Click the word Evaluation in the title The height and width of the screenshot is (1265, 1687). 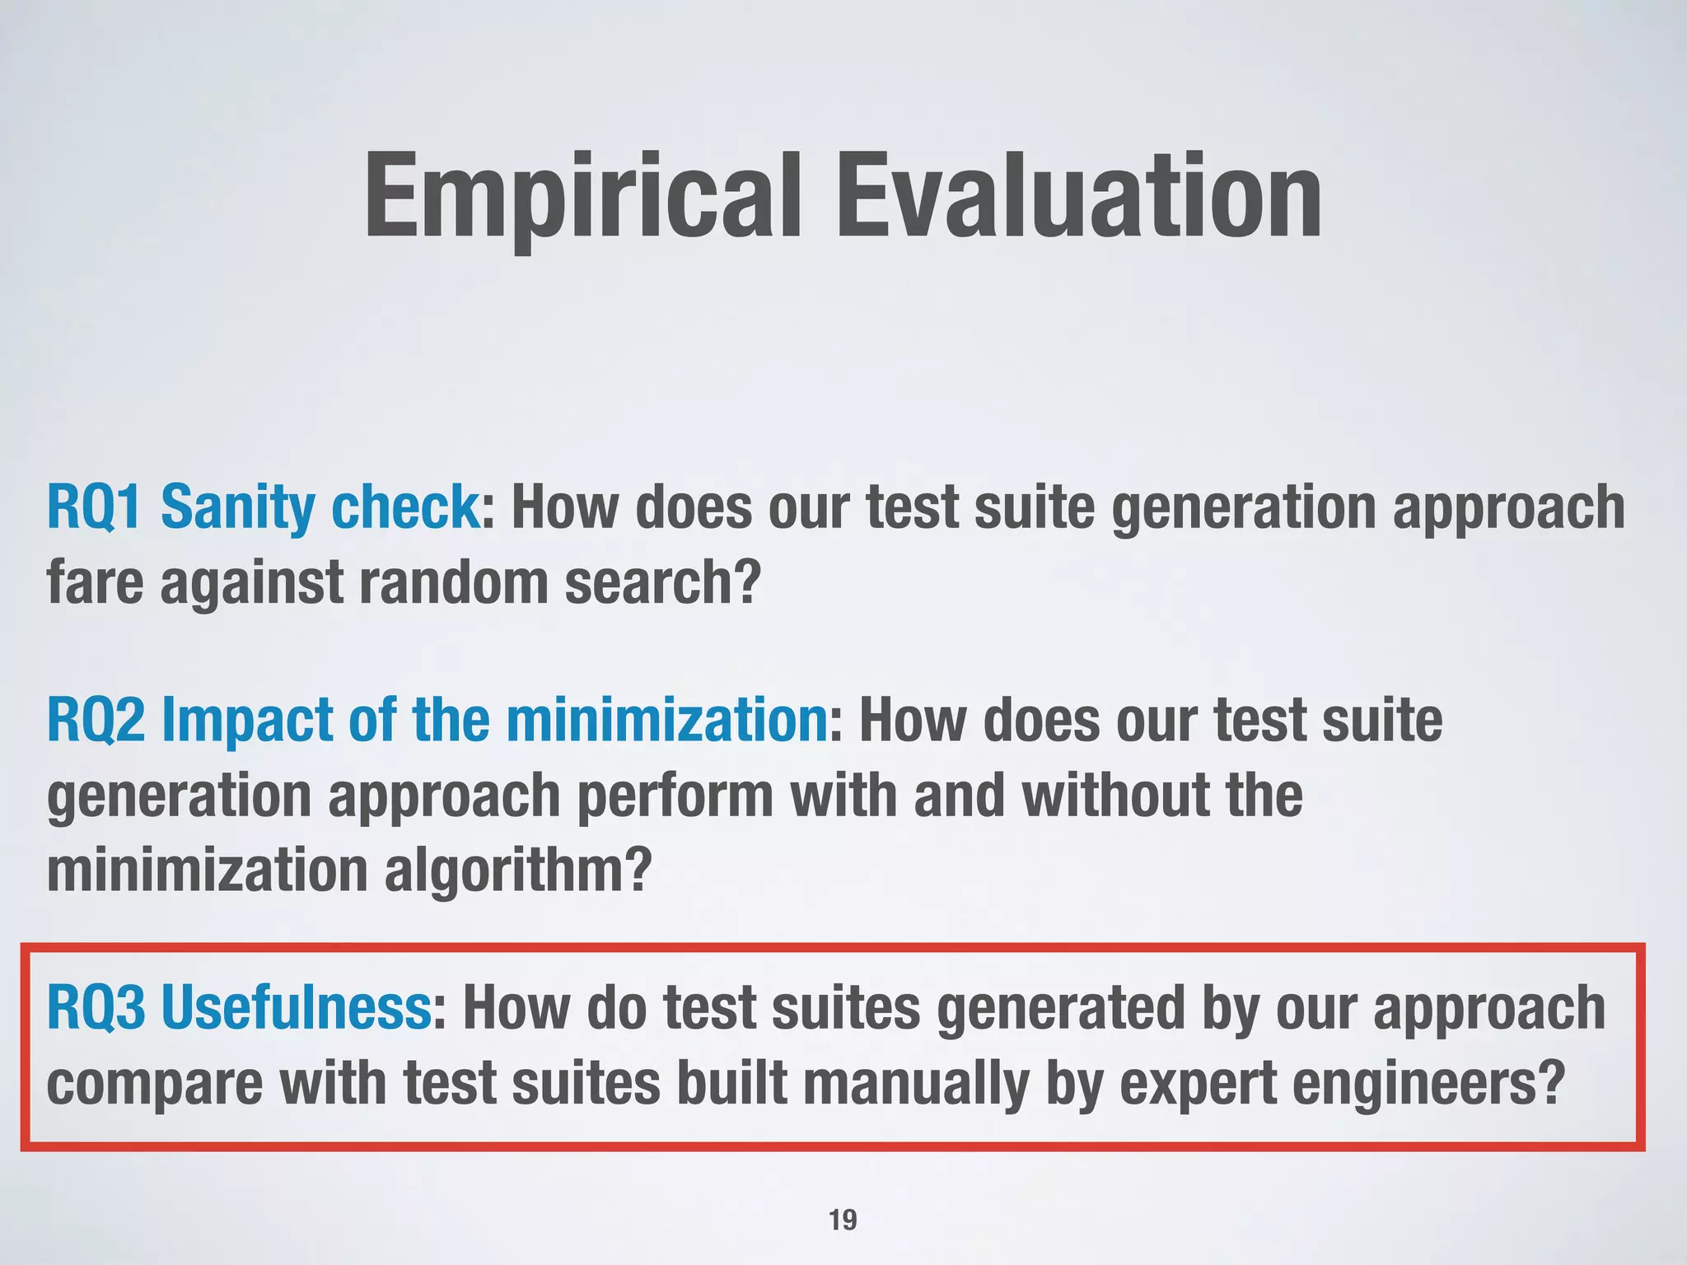tap(1079, 198)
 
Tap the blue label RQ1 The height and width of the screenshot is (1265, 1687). tap(94, 507)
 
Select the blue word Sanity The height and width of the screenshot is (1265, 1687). tap(236, 507)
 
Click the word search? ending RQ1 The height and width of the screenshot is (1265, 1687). tap(661, 582)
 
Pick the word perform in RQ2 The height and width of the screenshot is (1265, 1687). tap(675, 796)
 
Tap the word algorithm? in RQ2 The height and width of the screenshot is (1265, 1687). tap(518, 871)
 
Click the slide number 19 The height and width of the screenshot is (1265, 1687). tap(843, 1220)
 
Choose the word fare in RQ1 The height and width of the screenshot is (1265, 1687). tap(95, 582)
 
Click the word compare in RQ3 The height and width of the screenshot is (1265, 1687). tap(154, 1084)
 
